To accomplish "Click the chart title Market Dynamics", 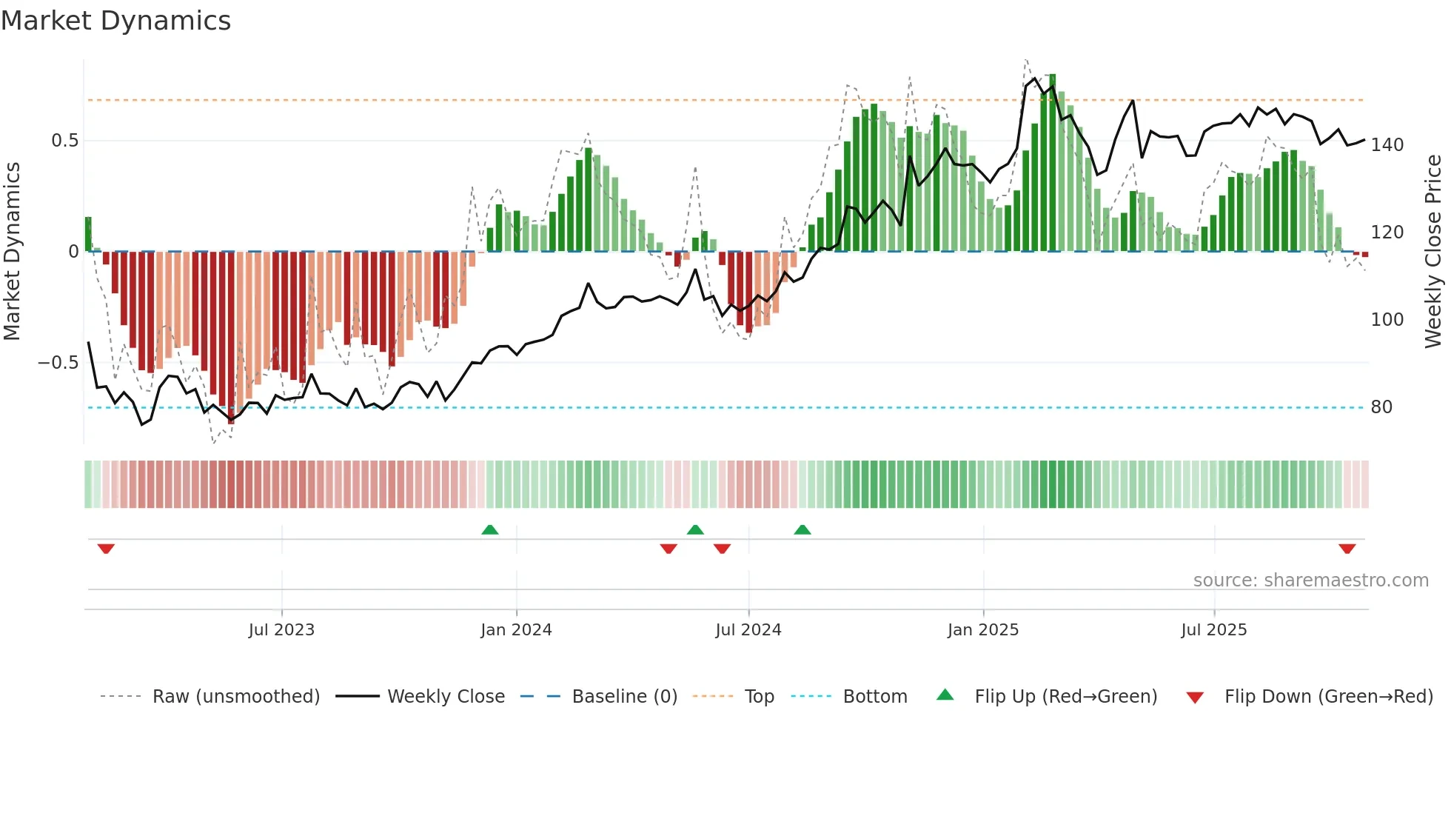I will (x=115, y=21).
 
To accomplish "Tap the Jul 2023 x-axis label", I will (x=281, y=630).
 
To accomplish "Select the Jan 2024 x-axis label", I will (x=516, y=630).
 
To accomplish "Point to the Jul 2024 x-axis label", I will (x=748, y=630).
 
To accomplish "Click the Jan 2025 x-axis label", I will (x=983, y=630).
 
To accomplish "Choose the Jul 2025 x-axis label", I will (x=1214, y=630).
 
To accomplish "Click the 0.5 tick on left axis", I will (x=64, y=141).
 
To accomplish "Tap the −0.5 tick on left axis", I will (x=58, y=363).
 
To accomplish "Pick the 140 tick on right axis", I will (x=1387, y=145).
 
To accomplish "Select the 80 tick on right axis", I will (x=1381, y=407).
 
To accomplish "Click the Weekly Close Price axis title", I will (x=1433, y=252).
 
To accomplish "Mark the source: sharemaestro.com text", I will (x=1310, y=581).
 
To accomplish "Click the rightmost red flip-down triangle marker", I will (x=1347, y=549).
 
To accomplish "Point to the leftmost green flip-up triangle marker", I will (x=489, y=529).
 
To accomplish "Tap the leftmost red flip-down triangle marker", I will (x=106, y=549).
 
